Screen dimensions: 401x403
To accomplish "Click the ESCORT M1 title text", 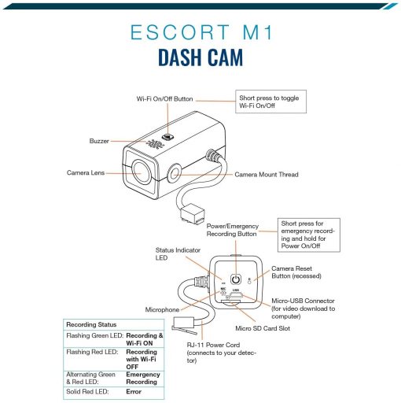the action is pyautogui.click(x=201, y=32).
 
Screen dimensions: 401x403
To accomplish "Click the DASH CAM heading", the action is pyautogui.click(x=200, y=57).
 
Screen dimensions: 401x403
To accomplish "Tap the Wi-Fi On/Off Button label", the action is pyautogui.click(x=164, y=99).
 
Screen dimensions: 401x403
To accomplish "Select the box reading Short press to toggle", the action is pyautogui.click(x=270, y=102).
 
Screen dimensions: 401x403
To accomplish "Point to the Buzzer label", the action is pyautogui.click(x=99, y=141).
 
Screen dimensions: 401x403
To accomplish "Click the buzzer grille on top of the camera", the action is pyautogui.click(x=154, y=144).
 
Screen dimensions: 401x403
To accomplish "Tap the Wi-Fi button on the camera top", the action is pyautogui.click(x=167, y=137).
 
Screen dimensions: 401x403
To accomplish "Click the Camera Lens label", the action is pyautogui.click(x=86, y=172).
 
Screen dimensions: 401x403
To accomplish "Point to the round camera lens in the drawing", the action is pyautogui.click(x=141, y=172).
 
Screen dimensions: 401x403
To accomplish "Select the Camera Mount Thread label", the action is pyautogui.click(x=267, y=175).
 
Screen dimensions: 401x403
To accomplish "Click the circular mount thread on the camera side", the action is pyautogui.click(x=175, y=173).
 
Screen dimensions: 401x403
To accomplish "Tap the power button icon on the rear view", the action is pyautogui.click(x=236, y=279).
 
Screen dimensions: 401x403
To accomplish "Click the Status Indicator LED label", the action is pyautogui.click(x=178, y=253).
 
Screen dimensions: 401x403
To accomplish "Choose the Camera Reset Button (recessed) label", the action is pyautogui.click(x=296, y=272).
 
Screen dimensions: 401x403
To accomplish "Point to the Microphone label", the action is pyautogui.click(x=162, y=309).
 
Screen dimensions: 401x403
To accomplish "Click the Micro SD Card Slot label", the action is pyautogui.click(x=263, y=328).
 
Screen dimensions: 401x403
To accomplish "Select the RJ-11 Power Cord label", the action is pyautogui.click(x=213, y=345).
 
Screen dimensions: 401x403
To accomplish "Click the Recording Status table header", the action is pyautogui.click(x=91, y=324).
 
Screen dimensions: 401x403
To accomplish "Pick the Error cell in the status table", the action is pyautogui.click(x=134, y=391).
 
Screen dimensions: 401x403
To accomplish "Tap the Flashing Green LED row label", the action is pyautogui.click(x=95, y=335).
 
